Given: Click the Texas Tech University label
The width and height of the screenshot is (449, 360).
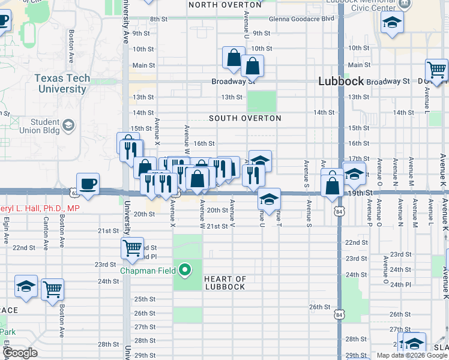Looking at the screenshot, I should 62,83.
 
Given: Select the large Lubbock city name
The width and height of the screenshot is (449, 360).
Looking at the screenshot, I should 340,82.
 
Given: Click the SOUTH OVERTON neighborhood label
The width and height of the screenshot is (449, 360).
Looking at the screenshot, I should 245,118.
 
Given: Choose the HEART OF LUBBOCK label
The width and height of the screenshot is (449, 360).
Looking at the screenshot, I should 225,283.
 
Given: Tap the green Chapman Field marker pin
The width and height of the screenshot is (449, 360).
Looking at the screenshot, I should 185,270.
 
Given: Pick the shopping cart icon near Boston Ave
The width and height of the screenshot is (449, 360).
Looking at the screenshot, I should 53,289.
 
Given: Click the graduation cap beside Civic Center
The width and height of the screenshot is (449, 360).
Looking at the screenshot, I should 393,23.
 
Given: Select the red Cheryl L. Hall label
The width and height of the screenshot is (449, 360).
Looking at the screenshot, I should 40,208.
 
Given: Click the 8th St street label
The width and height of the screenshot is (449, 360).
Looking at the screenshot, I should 158,19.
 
